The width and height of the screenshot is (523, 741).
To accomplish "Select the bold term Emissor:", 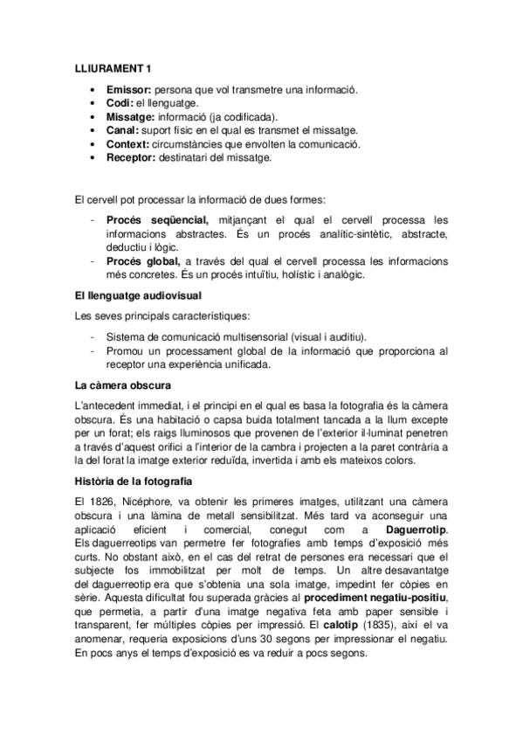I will [128, 90].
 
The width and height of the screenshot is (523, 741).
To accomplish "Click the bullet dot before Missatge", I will [93, 117].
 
